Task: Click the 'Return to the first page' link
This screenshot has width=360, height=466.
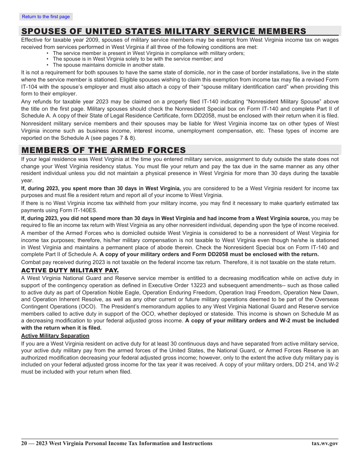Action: coord(46,17)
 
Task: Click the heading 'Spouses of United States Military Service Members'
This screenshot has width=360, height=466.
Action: coord(164,31)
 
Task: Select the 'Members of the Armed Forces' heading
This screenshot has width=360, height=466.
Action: coord(103,150)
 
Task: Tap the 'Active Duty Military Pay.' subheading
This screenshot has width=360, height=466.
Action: coord(70,271)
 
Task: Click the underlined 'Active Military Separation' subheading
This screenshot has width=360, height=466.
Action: coord(55,336)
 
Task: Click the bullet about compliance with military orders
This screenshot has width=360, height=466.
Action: coord(149,53)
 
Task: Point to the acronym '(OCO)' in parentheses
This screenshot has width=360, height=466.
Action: coord(87,306)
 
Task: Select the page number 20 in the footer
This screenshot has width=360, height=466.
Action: coord(24,443)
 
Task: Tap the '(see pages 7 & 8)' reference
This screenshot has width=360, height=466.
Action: coord(116,138)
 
